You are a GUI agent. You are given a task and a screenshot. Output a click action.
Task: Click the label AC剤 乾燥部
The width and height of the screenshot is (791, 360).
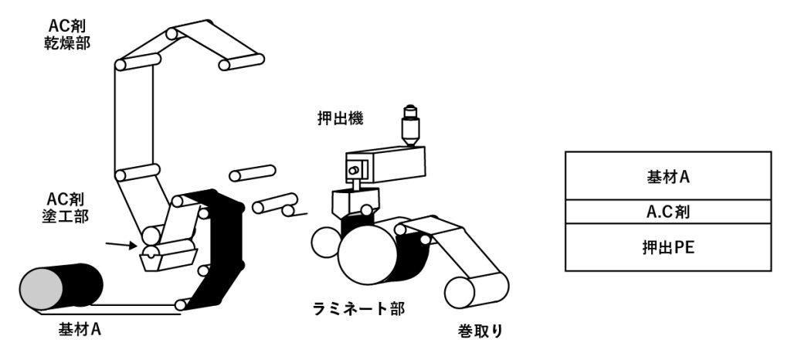69,32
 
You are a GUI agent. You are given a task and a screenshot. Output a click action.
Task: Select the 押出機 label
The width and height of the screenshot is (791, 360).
340,119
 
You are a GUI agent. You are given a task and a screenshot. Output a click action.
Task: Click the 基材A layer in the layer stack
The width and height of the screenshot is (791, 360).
668,175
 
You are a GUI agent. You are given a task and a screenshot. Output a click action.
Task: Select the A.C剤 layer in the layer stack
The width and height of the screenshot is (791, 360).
668,211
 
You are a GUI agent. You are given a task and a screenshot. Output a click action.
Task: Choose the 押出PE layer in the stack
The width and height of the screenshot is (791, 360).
668,247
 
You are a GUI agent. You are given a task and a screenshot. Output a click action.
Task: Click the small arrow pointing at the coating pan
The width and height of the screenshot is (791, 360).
119,246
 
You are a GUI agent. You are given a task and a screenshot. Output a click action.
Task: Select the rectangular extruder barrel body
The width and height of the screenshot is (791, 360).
386,163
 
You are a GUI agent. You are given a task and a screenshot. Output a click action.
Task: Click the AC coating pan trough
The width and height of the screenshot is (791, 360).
167,256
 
